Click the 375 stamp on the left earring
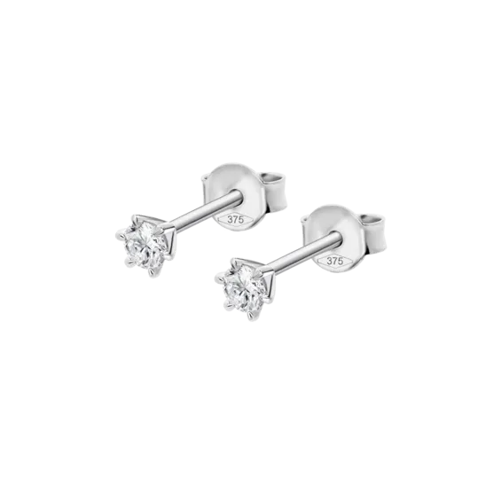point(236,219)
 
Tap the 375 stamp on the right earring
point(335,261)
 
